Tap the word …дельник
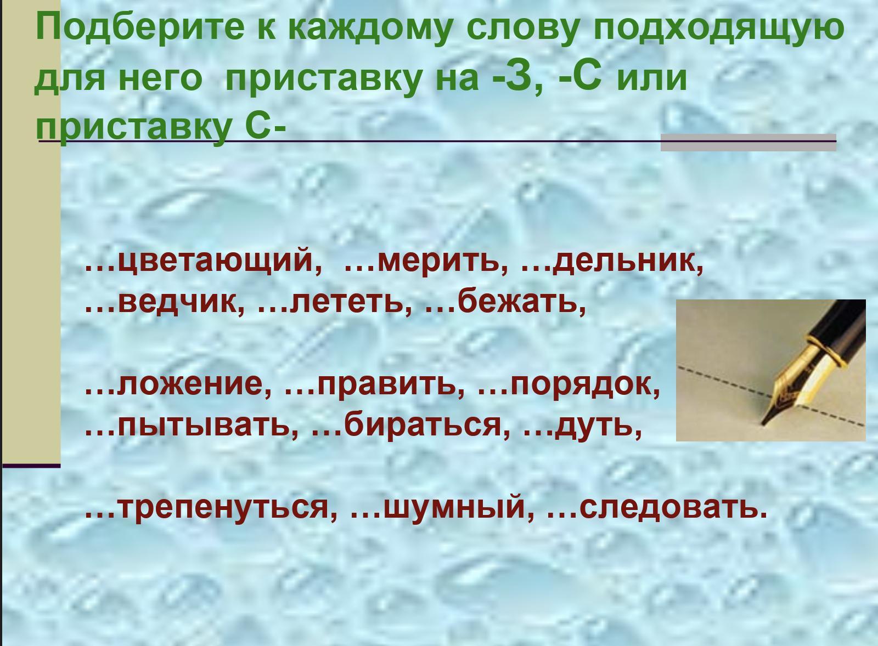tap(612, 263)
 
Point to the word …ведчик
tap(165, 303)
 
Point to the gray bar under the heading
tap(748, 143)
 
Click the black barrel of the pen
tap(839, 329)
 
